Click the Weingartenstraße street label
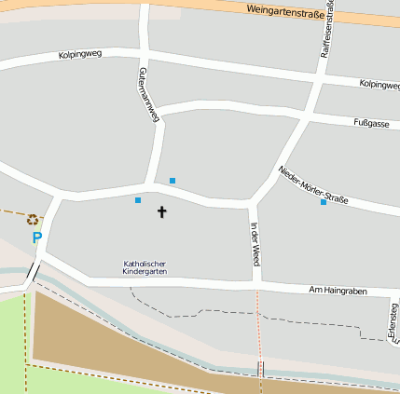click(x=291, y=13)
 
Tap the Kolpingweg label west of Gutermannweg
click(x=79, y=55)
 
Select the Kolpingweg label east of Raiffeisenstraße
click(x=379, y=85)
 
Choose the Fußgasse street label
click(x=371, y=123)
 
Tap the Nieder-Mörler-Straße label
click(x=312, y=184)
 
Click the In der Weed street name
click(x=254, y=241)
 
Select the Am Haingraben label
click(x=338, y=292)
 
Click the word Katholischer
click(x=145, y=264)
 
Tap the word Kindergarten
click(x=145, y=272)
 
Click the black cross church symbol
click(x=161, y=212)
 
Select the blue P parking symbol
click(x=37, y=238)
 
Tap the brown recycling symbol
click(x=33, y=220)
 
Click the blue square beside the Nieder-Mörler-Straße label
click(x=324, y=202)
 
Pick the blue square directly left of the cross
click(x=138, y=200)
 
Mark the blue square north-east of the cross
click(x=172, y=180)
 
